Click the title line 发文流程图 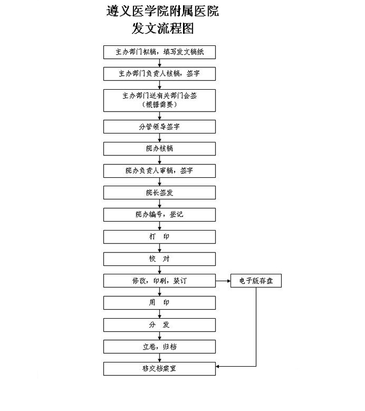click(x=163, y=28)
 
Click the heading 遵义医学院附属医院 click(x=163, y=11)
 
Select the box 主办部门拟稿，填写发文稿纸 click(x=160, y=52)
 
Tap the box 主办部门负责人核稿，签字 click(x=160, y=74)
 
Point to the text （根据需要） click(x=160, y=105)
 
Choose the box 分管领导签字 click(x=160, y=127)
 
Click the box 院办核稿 click(x=160, y=149)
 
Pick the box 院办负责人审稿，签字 click(x=160, y=171)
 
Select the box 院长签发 click(x=160, y=192)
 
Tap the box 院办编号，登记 click(x=160, y=215)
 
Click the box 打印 click(x=160, y=237)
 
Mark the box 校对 click(x=160, y=259)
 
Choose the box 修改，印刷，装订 click(x=160, y=281)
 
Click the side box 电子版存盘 click(x=256, y=281)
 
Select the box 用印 click(x=160, y=303)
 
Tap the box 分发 click(x=160, y=325)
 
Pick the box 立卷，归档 click(x=160, y=347)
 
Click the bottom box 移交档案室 click(x=160, y=369)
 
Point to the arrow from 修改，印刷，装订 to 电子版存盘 click(x=223, y=281)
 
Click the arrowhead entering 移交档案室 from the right click(x=217, y=367)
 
